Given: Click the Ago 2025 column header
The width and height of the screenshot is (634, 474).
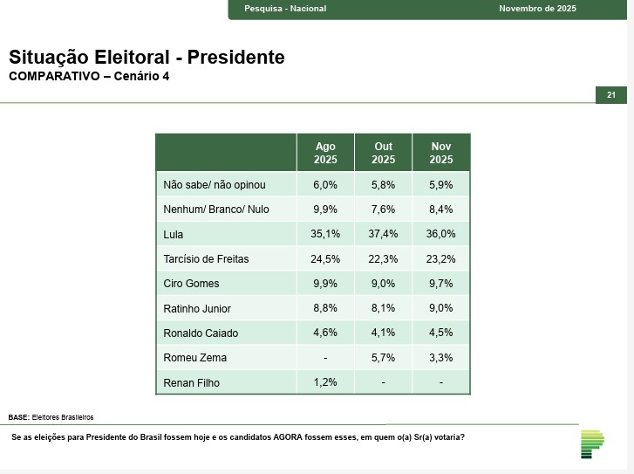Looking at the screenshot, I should click(x=325, y=153).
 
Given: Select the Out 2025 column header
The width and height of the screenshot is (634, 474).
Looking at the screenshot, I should click(x=384, y=153).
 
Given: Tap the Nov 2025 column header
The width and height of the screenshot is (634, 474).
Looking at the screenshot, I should click(x=441, y=153).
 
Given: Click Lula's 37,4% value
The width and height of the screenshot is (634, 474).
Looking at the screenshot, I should click(x=384, y=235).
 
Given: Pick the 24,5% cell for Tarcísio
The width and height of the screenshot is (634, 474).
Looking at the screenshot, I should click(x=325, y=259).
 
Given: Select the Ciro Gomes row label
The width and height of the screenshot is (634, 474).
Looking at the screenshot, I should click(x=192, y=284).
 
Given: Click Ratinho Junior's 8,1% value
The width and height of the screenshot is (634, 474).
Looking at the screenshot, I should click(x=384, y=308).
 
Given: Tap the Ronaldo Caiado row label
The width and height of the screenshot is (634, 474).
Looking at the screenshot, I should click(x=201, y=333).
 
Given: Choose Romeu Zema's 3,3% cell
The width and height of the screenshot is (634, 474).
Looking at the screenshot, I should click(x=441, y=358).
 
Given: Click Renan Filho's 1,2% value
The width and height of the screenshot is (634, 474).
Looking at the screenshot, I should click(x=325, y=382).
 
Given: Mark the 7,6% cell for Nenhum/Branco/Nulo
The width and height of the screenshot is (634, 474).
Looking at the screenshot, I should click(x=384, y=210).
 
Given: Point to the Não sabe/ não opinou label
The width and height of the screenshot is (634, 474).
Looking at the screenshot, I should click(x=215, y=185).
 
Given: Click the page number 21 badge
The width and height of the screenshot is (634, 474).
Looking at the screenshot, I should click(x=611, y=95).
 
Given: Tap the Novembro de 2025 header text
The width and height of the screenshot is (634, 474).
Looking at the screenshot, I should click(x=538, y=9).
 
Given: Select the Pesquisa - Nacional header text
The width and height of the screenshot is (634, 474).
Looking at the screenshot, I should click(x=285, y=9).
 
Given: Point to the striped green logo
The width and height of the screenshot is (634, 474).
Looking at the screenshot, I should click(x=592, y=443).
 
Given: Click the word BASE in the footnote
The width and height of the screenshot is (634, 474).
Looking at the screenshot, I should click(x=18, y=417).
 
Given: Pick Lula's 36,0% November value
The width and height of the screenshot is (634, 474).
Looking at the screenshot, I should click(x=441, y=235).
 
